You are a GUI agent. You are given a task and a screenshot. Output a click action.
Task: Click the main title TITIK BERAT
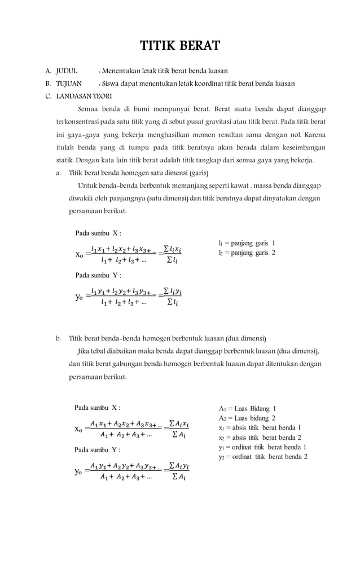click(180, 46)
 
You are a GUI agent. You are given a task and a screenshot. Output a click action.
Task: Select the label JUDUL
click(66, 71)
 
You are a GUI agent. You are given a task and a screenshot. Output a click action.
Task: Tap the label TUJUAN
click(68, 83)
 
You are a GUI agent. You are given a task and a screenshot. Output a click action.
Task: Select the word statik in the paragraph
click(63, 161)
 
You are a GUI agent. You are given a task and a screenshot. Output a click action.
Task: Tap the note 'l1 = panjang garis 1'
click(247, 243)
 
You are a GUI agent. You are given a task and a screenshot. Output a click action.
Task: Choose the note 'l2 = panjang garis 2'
click(247, 253)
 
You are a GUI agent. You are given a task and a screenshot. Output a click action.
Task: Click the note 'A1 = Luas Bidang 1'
click(247, 408)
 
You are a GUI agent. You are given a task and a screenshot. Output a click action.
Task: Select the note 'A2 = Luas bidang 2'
click(247, 418)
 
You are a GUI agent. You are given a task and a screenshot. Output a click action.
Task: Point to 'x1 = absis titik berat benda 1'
click(260, 427)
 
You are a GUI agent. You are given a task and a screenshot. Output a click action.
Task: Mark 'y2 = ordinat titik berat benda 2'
click(263, 457)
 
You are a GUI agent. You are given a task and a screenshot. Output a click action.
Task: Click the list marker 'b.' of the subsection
click(58, 338)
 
